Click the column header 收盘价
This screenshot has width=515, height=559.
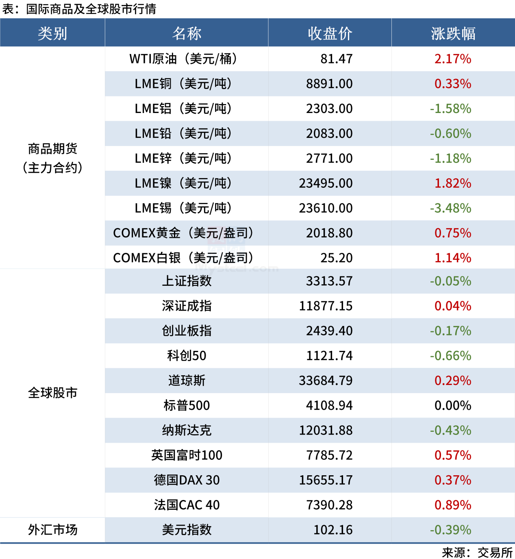pos(330,33)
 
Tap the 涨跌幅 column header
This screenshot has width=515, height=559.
pos(453,33)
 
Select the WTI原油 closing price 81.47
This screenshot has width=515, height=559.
pos(336,59)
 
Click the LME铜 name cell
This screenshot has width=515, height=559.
pos(183,84)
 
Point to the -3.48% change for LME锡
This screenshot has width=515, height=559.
pos(450,208)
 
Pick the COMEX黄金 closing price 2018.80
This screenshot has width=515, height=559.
pos(329,233)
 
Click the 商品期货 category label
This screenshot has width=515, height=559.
pos(52,149)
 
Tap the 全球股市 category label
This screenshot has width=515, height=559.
pos(52,393)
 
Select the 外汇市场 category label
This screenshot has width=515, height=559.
pos(52,530)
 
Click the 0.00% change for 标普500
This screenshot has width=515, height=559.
pos(453,405)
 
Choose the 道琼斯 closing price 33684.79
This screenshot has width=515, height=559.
pos(326,381)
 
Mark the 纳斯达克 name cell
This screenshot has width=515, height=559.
pos(187,430)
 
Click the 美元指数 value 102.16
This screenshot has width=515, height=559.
pos(333,530)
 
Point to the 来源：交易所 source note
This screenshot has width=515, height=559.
pos(477,552)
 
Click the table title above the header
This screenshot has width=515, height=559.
pos(79,9)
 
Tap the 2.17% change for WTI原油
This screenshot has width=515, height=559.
pos(453,59)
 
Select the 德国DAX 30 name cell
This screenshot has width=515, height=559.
pos(187,480)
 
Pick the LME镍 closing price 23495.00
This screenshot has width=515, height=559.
pos(326,183)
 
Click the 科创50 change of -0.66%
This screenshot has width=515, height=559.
pos(450,356)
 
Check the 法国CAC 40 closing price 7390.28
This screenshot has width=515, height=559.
pos(329,505)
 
